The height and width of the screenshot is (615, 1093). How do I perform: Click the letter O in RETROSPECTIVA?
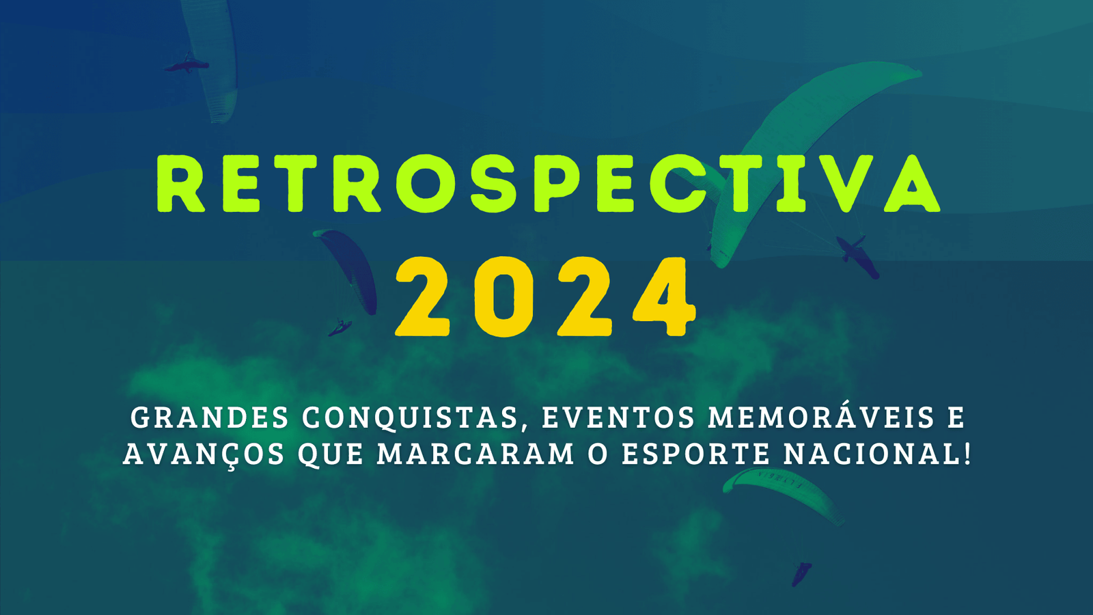(x=426, y=184)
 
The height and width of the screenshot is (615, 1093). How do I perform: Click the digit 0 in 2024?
(x=502, y=297)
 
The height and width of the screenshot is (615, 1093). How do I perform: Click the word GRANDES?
(x=210, y=418)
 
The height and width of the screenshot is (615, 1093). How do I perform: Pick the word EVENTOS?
(x=618, y=418)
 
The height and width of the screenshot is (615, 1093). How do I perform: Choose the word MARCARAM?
(x=475, y=454)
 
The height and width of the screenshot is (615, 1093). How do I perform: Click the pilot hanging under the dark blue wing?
(x=340, y=328)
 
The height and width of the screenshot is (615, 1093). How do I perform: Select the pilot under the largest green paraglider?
(x=857, y=256)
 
